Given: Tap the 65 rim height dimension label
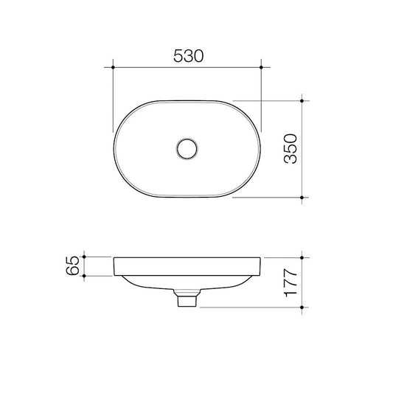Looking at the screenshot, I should pos(72,266).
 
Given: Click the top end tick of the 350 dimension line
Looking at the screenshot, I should pos(303,100).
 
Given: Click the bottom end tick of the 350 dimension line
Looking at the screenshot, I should pos(303,198).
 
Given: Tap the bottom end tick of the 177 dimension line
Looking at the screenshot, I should pos(303,305).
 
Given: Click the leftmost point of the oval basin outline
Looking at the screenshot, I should pos(114,149).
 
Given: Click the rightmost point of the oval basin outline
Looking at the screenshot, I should pos(262,149).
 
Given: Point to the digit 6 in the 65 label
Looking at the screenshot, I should pos(72,271).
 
